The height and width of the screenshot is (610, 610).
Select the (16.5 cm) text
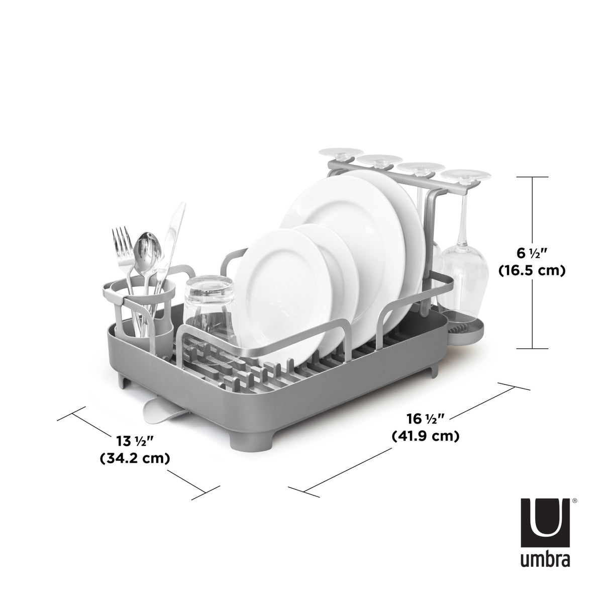[x=532, y=271]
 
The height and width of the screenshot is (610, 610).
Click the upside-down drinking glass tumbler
[x=209, y=307]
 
